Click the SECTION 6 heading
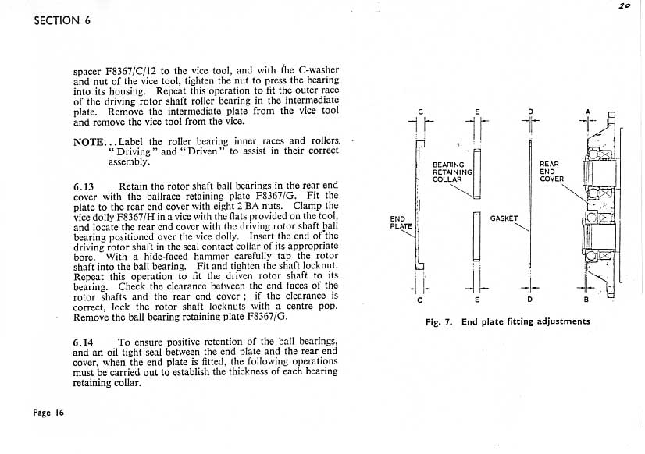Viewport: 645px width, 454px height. (62, 20)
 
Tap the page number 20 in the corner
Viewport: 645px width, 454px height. (625, 5)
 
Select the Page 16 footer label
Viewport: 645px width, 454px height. (48, 413)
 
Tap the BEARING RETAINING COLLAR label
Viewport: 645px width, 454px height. (452, 172)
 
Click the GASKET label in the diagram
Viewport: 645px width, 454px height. (504, 218)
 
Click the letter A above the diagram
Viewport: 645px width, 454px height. (589, 111)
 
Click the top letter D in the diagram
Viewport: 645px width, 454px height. (530, 112)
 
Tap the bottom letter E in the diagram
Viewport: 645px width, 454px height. (476, 300)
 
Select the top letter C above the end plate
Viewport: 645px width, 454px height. (420, 112)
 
